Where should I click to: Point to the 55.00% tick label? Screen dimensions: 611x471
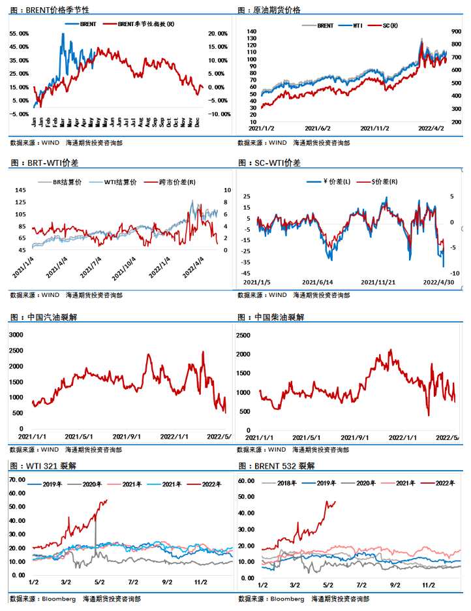click(x=20, y=33)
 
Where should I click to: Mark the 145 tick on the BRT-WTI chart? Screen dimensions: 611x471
click(x=21, y=190)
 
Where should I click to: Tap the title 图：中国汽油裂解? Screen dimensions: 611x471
click(x=46, y=317)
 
